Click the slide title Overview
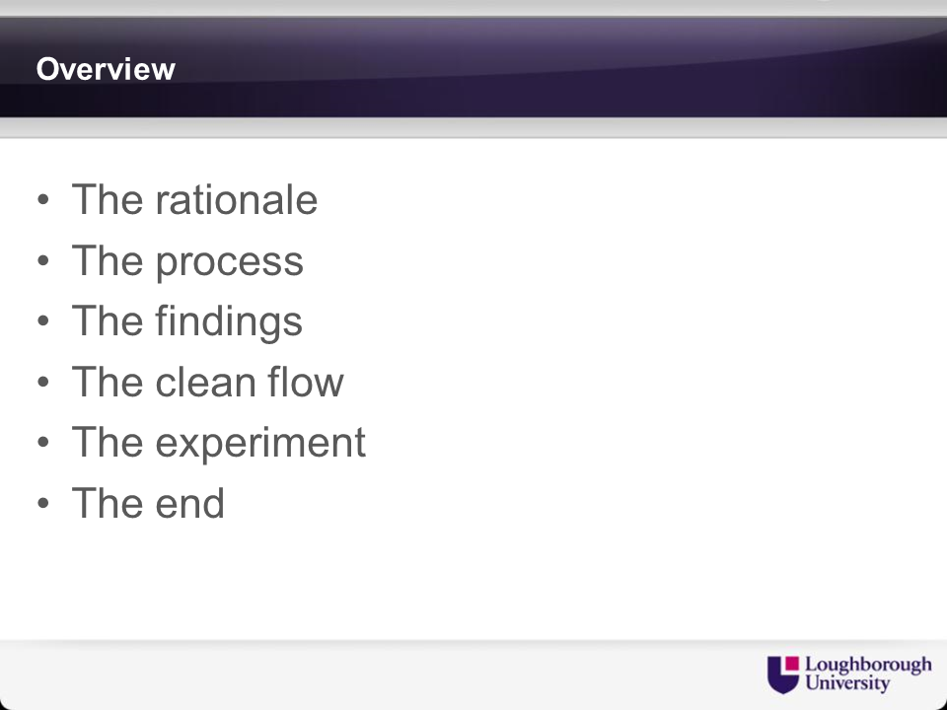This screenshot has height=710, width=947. (x=106, y=69)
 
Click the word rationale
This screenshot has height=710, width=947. (x=236, y=199)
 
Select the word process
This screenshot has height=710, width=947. (x=230, y=263)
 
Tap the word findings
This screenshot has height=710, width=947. (x=229, y=322)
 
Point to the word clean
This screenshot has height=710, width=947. (x=206, y=382)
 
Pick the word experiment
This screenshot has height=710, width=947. (x=260, y=444)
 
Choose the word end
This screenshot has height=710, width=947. (x=189, y=503)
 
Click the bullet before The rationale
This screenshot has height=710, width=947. (x=42, y=200)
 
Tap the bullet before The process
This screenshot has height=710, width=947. (x=42, y=260)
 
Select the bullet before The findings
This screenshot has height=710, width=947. (x=42, y=321)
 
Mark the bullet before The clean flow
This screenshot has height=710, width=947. (x=42, y=382)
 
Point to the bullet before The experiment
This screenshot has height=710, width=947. (x=42, y=443)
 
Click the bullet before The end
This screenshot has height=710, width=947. (x=42, y=503)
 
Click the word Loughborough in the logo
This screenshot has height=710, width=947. (x=868, y=666)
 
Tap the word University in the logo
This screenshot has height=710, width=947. (x=847, y=683)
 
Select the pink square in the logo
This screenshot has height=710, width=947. (x=792, y=663)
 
